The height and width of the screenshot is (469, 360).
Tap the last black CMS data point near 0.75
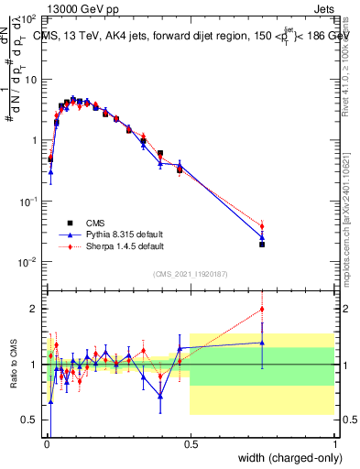tap(262, 245)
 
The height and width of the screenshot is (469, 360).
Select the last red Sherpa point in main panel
tap(262, 226)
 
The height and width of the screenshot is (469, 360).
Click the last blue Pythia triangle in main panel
tap(262, 237)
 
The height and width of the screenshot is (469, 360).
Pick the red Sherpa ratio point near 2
tap(262, 309)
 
